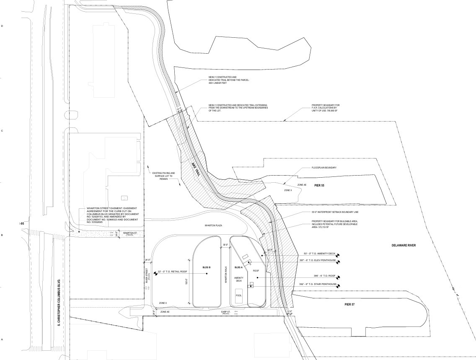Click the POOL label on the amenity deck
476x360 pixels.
[238, 295]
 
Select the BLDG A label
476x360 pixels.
[238, 267]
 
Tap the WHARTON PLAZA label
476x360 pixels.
[213, 225]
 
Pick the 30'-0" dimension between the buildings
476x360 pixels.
[225, 245]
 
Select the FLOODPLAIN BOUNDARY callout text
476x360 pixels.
[324, 168]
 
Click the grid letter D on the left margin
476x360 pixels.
[2, 26]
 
